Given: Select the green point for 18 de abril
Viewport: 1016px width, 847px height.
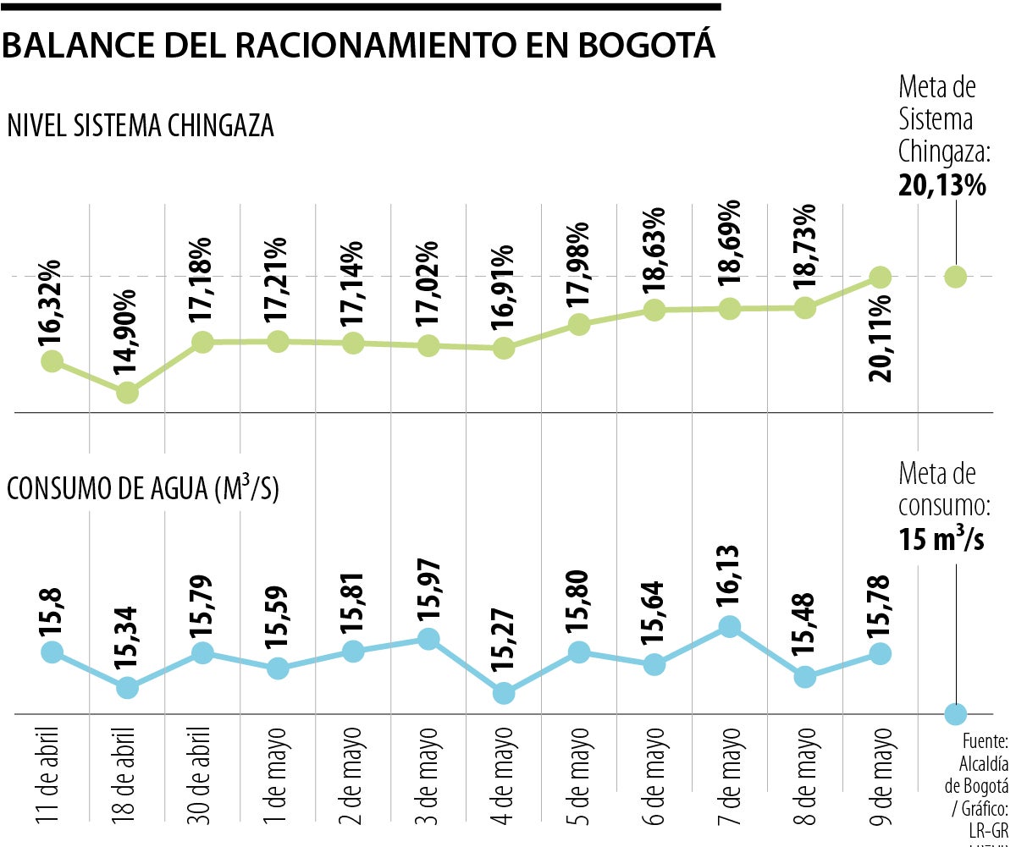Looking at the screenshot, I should pyautogui.click(x=127, y=393).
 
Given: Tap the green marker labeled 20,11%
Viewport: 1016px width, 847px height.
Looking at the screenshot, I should pyautogui.click(x=881, y=277).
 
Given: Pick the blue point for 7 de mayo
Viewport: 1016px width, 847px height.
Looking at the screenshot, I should pyautogui.click(x=729, y=626).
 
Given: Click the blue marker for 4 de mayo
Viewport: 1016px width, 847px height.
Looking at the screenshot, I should pyautogui.click(x=504, y=692).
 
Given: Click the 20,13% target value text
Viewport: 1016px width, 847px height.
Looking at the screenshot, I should pyautogui.click(x=941, y=184).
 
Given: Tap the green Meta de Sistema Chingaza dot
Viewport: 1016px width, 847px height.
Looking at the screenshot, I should pyautogui.click(x=956, y=277).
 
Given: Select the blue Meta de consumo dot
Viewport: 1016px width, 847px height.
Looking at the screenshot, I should pyautogui.click(x=956, y=714).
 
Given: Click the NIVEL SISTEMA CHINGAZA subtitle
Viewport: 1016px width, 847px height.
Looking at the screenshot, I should pyautogui.click(x=141, y=125).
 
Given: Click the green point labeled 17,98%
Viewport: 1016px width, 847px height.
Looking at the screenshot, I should pyautogui.click(x=578, y=324).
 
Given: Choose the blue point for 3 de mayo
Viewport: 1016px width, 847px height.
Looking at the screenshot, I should pyautogui.click(x=428, y=639).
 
